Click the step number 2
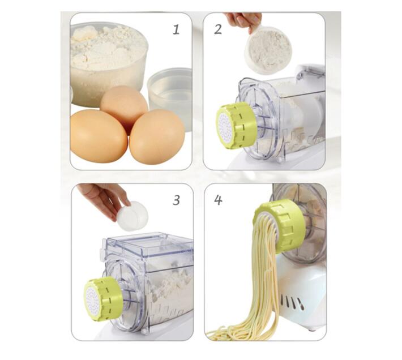pyautogui.click(x=218, y=29)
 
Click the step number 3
pyautogui.click(x=176, y=200)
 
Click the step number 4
pyautogui.click(x=217, y=199)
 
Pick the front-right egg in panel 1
pyautogui.click(x=157, y=136)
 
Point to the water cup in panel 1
pyautogui.click(x=170, y=91)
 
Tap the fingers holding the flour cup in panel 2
pyautogui.click(x=243, y=20)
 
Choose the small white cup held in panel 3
pyautogui.click(x=132, y=216)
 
